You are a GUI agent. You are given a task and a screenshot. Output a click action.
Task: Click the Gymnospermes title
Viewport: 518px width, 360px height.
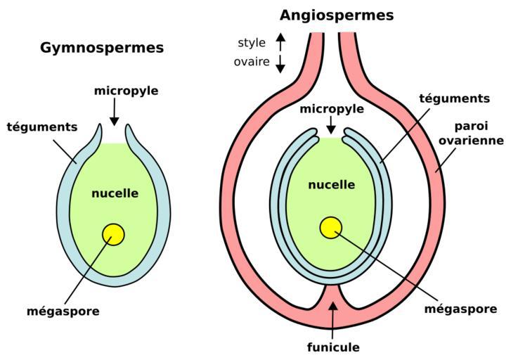(x=102, y=48)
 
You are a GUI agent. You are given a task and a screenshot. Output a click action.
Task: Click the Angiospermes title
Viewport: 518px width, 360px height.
(x=337, y=15)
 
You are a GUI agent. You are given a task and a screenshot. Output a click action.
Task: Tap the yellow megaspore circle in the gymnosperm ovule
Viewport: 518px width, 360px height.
(x=113, y=234)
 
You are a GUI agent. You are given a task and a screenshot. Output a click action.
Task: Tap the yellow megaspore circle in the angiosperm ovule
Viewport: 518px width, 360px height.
(x=330, y=228)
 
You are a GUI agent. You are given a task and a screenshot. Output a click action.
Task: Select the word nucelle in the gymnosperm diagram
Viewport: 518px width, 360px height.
(x=115, y=193)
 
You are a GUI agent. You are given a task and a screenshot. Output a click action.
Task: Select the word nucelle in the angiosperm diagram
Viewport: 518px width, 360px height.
(x=331, y=185)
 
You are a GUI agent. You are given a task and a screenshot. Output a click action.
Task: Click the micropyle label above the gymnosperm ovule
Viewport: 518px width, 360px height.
(x=127, y=91)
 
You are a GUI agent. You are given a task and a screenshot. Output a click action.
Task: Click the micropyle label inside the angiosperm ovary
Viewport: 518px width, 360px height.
(x=332, y=110)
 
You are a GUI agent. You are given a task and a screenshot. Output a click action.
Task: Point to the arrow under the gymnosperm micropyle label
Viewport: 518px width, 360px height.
(x=115, y=112)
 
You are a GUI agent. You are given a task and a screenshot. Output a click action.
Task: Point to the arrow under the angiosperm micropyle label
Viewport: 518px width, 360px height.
(x=330, y=125)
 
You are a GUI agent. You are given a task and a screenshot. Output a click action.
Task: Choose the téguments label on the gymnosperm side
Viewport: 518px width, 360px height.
(x=42, y=127)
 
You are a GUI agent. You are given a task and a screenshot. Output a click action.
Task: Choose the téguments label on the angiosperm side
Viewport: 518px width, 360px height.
(x=454, y=98)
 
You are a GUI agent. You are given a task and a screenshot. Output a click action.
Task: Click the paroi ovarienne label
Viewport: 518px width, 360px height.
(x=471, y=133)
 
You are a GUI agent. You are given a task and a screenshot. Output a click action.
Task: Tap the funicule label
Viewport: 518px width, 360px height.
(x=333, y=347)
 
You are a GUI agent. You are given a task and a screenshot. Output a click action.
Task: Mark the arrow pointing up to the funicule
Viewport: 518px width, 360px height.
(x=333, y=316)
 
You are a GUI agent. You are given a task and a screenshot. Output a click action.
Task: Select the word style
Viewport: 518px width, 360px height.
(x=252, y=43)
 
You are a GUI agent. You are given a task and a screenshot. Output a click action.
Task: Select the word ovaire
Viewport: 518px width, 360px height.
(x=252, y=62)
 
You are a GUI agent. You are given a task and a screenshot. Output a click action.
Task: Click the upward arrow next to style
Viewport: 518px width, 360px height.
(x=280, y=41)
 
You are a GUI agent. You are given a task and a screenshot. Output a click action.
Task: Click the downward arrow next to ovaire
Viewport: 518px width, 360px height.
(x=280, y=64)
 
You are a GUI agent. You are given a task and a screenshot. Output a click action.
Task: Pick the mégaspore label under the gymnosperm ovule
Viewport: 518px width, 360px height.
(x=63, y=311)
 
